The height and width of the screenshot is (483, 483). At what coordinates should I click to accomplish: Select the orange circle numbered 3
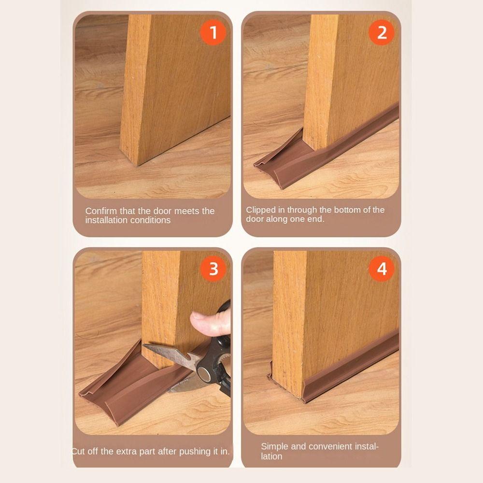tap(213, 269)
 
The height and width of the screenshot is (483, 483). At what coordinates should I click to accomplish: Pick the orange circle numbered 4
tap(382, 269)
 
